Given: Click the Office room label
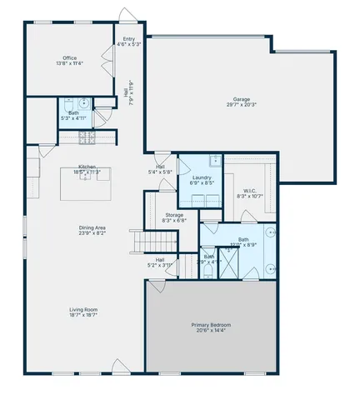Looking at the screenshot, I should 69,58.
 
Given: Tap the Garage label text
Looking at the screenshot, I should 241,99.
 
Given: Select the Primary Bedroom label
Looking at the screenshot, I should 211,324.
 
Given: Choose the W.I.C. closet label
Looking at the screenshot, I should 249,192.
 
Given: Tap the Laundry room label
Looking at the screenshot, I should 202,177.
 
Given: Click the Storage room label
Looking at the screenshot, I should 174,215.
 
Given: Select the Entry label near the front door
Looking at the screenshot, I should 128,39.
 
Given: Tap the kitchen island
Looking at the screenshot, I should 86,184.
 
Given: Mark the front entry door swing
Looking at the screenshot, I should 125,16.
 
